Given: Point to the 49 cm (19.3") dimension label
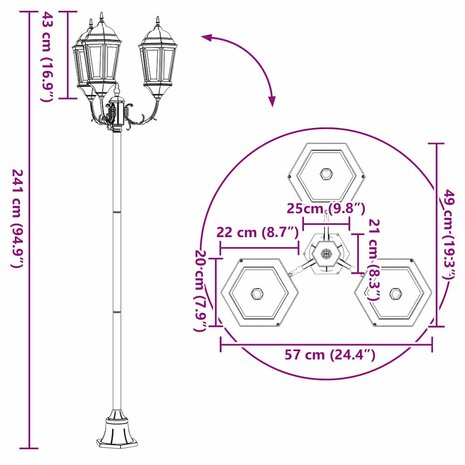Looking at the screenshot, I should tap(451, 235).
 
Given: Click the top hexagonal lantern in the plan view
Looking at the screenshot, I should tap(326, 171).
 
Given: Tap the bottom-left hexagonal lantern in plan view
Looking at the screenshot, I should tap(257, 295).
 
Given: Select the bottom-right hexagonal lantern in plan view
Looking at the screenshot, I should tap(397, 295).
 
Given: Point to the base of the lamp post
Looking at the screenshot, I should tap(116, 432).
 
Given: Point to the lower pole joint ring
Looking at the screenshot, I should tap(116, 309).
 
